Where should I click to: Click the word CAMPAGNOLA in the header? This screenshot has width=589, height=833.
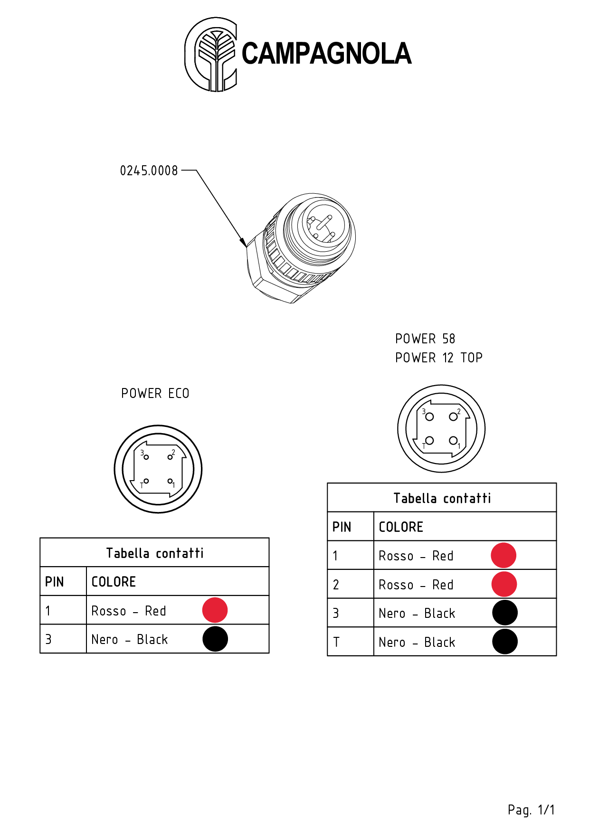(326, 53)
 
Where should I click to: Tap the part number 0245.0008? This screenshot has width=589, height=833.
(149, 170)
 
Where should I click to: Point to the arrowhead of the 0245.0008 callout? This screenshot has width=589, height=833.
(244, 243)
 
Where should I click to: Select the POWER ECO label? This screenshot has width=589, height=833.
(155, 393)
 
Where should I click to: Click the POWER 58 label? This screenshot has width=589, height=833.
(425, 339)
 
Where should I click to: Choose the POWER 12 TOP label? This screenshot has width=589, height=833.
(439, 358)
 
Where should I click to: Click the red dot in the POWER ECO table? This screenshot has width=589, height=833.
(215, 610)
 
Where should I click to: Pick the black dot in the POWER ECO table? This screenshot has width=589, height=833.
(215, 639)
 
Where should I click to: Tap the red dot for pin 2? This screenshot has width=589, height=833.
(504, 584)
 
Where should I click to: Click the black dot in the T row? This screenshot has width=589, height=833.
(505, 642)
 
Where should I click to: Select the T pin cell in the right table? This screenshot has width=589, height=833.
(337, 642)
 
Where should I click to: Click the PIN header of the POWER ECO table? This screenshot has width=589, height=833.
(55, 582)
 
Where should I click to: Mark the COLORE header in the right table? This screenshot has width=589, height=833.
(401, 527)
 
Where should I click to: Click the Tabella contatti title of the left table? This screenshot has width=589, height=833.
(155, 553)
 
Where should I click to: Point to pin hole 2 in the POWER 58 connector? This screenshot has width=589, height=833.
(453, 416)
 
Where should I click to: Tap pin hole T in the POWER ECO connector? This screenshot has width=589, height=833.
(146, 481)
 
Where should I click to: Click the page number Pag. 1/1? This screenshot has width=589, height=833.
(531, 810)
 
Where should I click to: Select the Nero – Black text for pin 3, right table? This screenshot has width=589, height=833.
(417, 614)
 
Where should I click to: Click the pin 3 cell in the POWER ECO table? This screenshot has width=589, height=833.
(48, 639)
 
